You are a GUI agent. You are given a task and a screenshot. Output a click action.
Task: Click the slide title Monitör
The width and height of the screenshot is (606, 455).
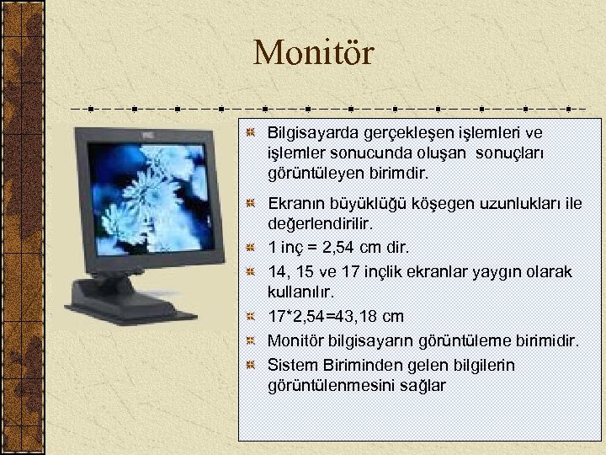pos(313,54)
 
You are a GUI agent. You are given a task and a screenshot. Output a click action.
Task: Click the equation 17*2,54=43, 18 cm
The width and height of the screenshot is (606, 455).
pos(335,317)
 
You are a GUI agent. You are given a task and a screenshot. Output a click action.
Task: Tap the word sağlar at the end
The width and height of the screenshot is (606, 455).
pos(425,386)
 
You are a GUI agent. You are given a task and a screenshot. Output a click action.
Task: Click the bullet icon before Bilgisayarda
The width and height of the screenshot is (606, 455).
pos(251,133)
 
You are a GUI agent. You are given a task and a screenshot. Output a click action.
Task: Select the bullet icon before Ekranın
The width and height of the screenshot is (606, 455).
pos(251,204)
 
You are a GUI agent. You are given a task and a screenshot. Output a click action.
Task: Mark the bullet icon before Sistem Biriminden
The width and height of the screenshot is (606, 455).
pos(251,365)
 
